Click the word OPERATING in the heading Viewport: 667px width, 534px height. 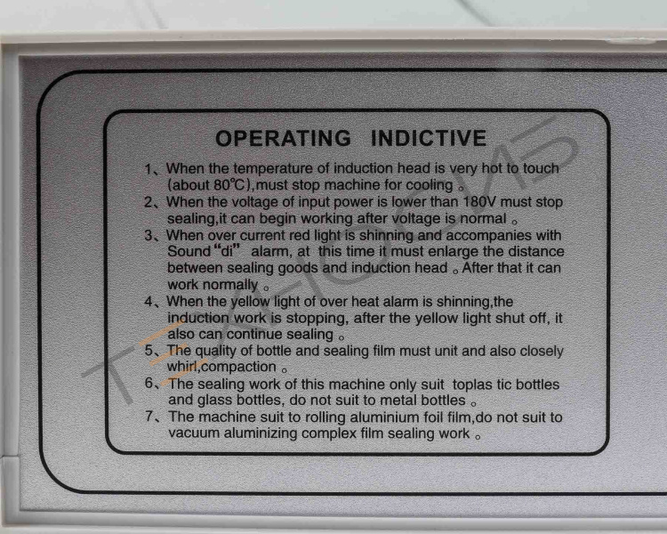click(284, 139)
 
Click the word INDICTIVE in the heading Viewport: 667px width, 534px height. click(429, 139)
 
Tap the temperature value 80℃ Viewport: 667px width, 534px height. click(229, 185)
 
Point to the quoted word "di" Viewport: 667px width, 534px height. click(228, 250)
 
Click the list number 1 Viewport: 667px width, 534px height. click(148, 169)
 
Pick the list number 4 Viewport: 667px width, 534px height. click(149, 302)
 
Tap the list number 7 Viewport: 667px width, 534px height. click(149, 416)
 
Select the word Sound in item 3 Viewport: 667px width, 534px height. click(189, 251)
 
